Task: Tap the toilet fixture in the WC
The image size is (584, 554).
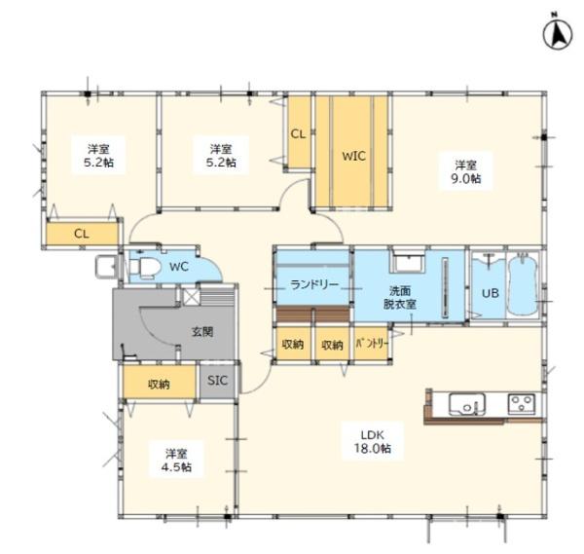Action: pos(145,268)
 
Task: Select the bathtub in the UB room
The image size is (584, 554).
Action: pos(524,284)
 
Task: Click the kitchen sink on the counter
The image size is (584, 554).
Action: pos(467,404)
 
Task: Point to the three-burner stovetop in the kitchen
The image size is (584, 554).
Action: pos(522,404)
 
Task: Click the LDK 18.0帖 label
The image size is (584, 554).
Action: pos(373,441)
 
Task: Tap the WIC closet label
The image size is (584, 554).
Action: pos(354,156)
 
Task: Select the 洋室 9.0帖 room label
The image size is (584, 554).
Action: pos(466,171)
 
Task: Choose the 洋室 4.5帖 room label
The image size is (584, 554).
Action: pos(176,461)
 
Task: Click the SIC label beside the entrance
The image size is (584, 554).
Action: pos(217,381)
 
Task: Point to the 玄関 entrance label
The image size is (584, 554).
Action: pos(202,331)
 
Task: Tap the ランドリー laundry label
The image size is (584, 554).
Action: pos(314,285)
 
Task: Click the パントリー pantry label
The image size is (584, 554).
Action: pos(372,344)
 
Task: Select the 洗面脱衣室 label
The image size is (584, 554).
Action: pos(400,297)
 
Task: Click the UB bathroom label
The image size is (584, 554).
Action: pos(491,293)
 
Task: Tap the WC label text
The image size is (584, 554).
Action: pos(179,267)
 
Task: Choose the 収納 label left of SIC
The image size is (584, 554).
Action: pos(159,384)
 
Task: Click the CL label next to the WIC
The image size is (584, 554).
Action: pos(298,133)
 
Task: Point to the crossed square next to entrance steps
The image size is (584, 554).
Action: pos(192,296)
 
